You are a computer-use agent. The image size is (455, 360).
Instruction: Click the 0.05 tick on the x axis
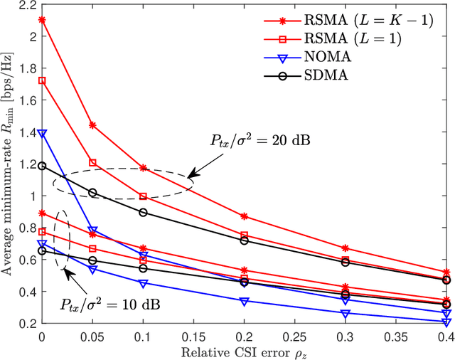[x=92, y=335]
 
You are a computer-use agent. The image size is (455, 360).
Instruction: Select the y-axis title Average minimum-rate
[x=9, y=164]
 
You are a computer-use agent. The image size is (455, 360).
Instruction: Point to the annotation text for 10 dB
[x=110, y=305]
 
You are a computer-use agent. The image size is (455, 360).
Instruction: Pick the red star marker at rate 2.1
[x=41, y=20]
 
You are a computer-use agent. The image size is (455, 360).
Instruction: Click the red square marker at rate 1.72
[x=41, y=80]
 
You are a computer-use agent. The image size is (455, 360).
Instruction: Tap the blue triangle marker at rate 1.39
[x=41, y=133]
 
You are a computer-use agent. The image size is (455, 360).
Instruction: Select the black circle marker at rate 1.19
[x=41, y=165]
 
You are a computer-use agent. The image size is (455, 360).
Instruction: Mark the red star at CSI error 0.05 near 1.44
[x=92, y=125]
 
